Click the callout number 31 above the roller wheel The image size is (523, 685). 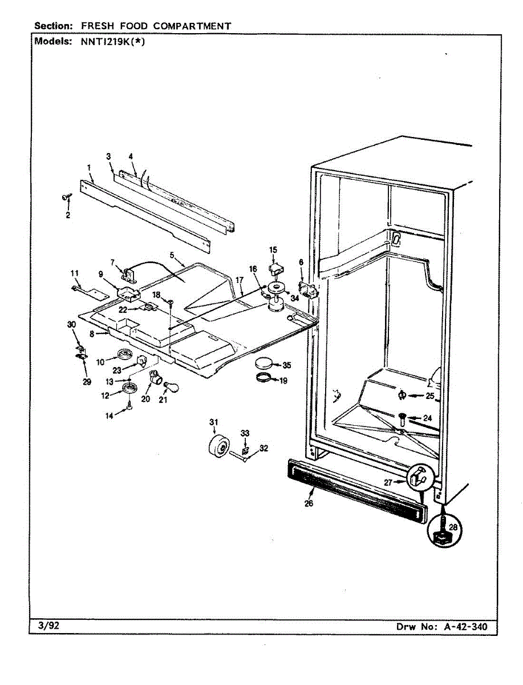[x=213, y=422]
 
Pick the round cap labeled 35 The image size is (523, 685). [x=265, y=363]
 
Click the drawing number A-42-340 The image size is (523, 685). [x=465, y=627]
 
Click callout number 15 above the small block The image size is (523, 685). [x=273, y=249]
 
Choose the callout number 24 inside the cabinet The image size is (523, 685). [x=428, y=418]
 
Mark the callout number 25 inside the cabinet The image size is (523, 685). [x=429, y=396]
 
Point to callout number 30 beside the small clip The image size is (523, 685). [x=71, y=325]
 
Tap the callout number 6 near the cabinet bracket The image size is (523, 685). [x=301, y=262]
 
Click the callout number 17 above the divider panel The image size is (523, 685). [x=240, y=280]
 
